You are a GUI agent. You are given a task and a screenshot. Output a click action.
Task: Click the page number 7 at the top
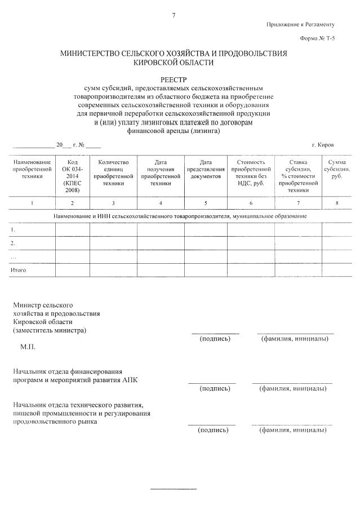click(174, 15)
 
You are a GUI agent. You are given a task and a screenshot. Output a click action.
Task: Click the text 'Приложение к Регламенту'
click(301, 24)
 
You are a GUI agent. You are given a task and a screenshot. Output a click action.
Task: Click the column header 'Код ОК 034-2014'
click(72, 175)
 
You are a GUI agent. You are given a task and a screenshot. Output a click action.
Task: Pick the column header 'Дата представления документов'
click(206, 169)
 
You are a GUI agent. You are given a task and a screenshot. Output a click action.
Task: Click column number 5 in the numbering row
click(206, 202)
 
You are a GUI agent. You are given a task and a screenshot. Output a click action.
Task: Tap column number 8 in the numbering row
click(337, 202)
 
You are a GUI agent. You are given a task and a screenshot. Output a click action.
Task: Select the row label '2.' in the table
click(13, 243)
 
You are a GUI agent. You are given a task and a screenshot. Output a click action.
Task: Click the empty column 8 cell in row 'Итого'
click(337, 270)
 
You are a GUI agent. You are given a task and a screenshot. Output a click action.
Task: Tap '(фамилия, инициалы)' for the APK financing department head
click(293, 388)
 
